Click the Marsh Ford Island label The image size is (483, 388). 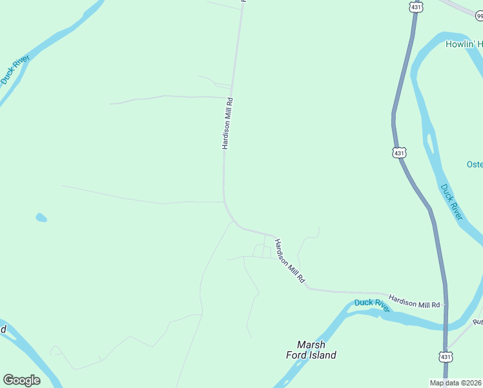click(x=311, y=350)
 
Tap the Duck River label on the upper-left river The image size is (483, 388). click(x=15, y=70)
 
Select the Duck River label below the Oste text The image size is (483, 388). click(x=451, y=202)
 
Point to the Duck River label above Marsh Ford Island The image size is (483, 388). click(x=372, y=305)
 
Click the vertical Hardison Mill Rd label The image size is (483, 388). click(x=227, y=124)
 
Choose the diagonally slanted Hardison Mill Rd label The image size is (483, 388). click(x=289, y=261)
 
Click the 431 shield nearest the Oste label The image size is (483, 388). click(x=400, y=153)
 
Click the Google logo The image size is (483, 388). click(x=21, y=380)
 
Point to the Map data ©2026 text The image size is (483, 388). click(x=455, y=382)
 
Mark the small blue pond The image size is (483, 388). click(x=41, y=217)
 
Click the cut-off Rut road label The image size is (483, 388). click(x=478, y=321)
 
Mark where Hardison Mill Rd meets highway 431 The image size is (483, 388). click(x=444, y=305)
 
